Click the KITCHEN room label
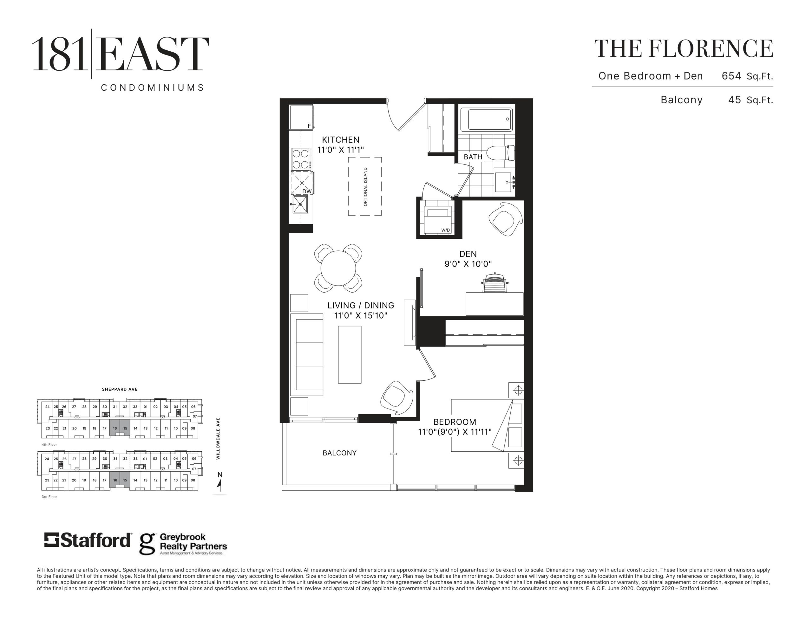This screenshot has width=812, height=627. pos(341,140)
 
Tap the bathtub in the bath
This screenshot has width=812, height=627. pos(486,119)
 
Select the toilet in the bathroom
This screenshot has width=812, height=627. pos(501,153)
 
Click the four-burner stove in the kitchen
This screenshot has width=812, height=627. pos(301,159)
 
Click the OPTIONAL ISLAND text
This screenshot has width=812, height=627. pos(365,187)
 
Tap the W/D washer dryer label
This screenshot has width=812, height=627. pos(445,230)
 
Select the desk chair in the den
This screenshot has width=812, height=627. pos(494,283)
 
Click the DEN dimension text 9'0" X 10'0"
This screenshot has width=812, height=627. pos(468,264)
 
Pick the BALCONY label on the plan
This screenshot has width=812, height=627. pos(339,453)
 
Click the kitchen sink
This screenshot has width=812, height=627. pos(300,204)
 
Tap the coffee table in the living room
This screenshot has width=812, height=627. pos(350,355)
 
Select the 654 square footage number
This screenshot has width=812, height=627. pos(731,76)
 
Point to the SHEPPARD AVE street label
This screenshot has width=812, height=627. pos(120,389)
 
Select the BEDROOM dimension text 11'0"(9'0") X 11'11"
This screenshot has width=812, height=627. pos(455,431)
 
